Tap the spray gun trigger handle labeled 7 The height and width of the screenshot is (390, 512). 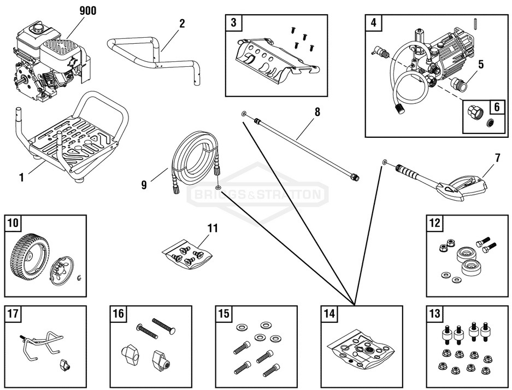point(464,186)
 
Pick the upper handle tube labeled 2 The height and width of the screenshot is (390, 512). point(153,55)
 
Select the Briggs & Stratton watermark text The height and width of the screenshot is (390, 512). point(257,194)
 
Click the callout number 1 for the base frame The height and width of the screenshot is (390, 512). point(21,177)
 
